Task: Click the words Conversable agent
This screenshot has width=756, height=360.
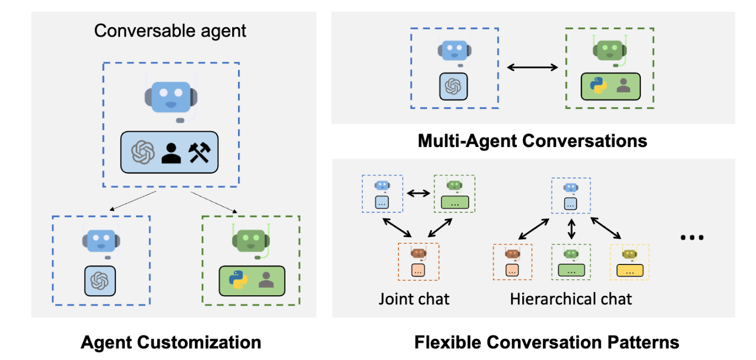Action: click(x=170, y=30)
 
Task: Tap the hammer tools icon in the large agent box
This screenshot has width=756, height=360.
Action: click(x=199, y=153)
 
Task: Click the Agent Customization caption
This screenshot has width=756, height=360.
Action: click(x=171, y=342)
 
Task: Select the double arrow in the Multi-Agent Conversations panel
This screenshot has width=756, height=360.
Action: click(x=532, y=67)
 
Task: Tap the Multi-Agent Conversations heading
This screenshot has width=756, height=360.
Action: click(x=532, y=141)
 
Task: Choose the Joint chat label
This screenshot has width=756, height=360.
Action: click(x=414, y=298)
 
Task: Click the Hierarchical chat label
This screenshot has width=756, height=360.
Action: click(x=571, y=298)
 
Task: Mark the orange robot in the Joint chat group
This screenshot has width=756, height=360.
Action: click(x=418, y=253)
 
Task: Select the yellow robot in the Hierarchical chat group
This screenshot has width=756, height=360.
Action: click(x=630, y=254)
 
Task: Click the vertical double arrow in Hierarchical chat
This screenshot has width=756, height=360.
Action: click(x=572, y=229)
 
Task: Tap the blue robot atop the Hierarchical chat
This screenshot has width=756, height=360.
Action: click(x=571, y=187)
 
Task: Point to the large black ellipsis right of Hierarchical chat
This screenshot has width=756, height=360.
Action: click(x=692, y=237)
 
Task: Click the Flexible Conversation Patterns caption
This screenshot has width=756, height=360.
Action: click(x=546, y=342)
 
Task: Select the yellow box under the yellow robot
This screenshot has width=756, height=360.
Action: click(x=630, y=270)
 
